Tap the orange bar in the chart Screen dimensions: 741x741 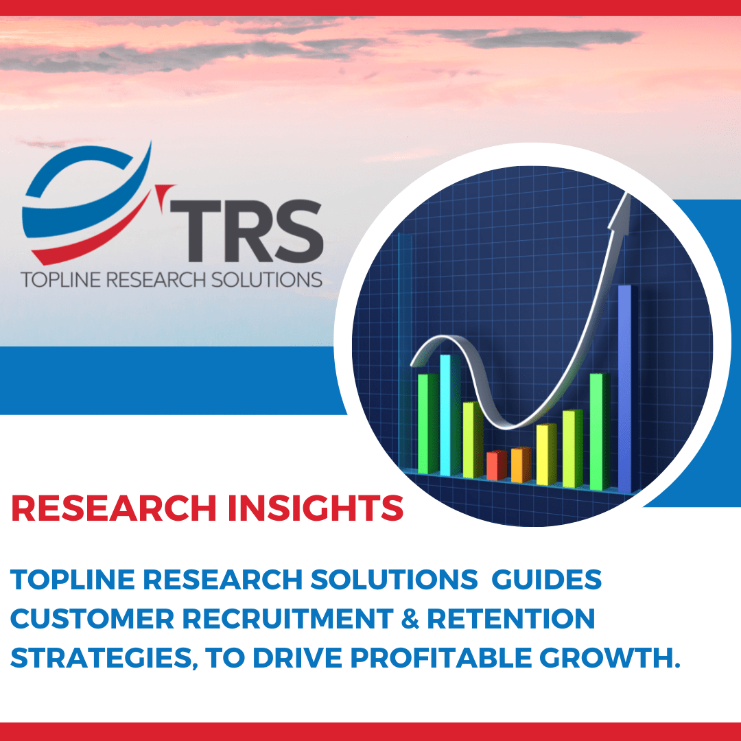520,464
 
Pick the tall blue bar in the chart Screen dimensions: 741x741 624,388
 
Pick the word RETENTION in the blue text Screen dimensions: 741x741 510,619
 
